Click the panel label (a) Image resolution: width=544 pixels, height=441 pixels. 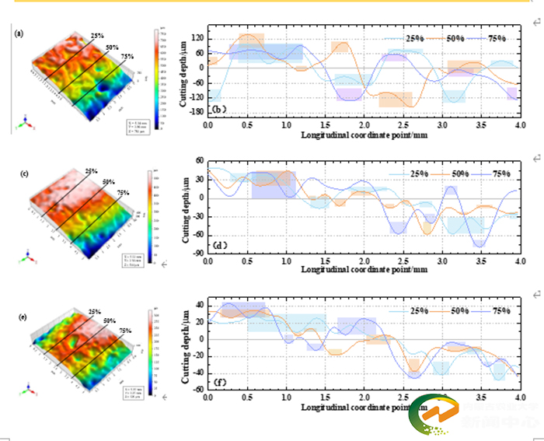click(x=18, y=33)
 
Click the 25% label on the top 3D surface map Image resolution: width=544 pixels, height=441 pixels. click(x=97, y=36)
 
